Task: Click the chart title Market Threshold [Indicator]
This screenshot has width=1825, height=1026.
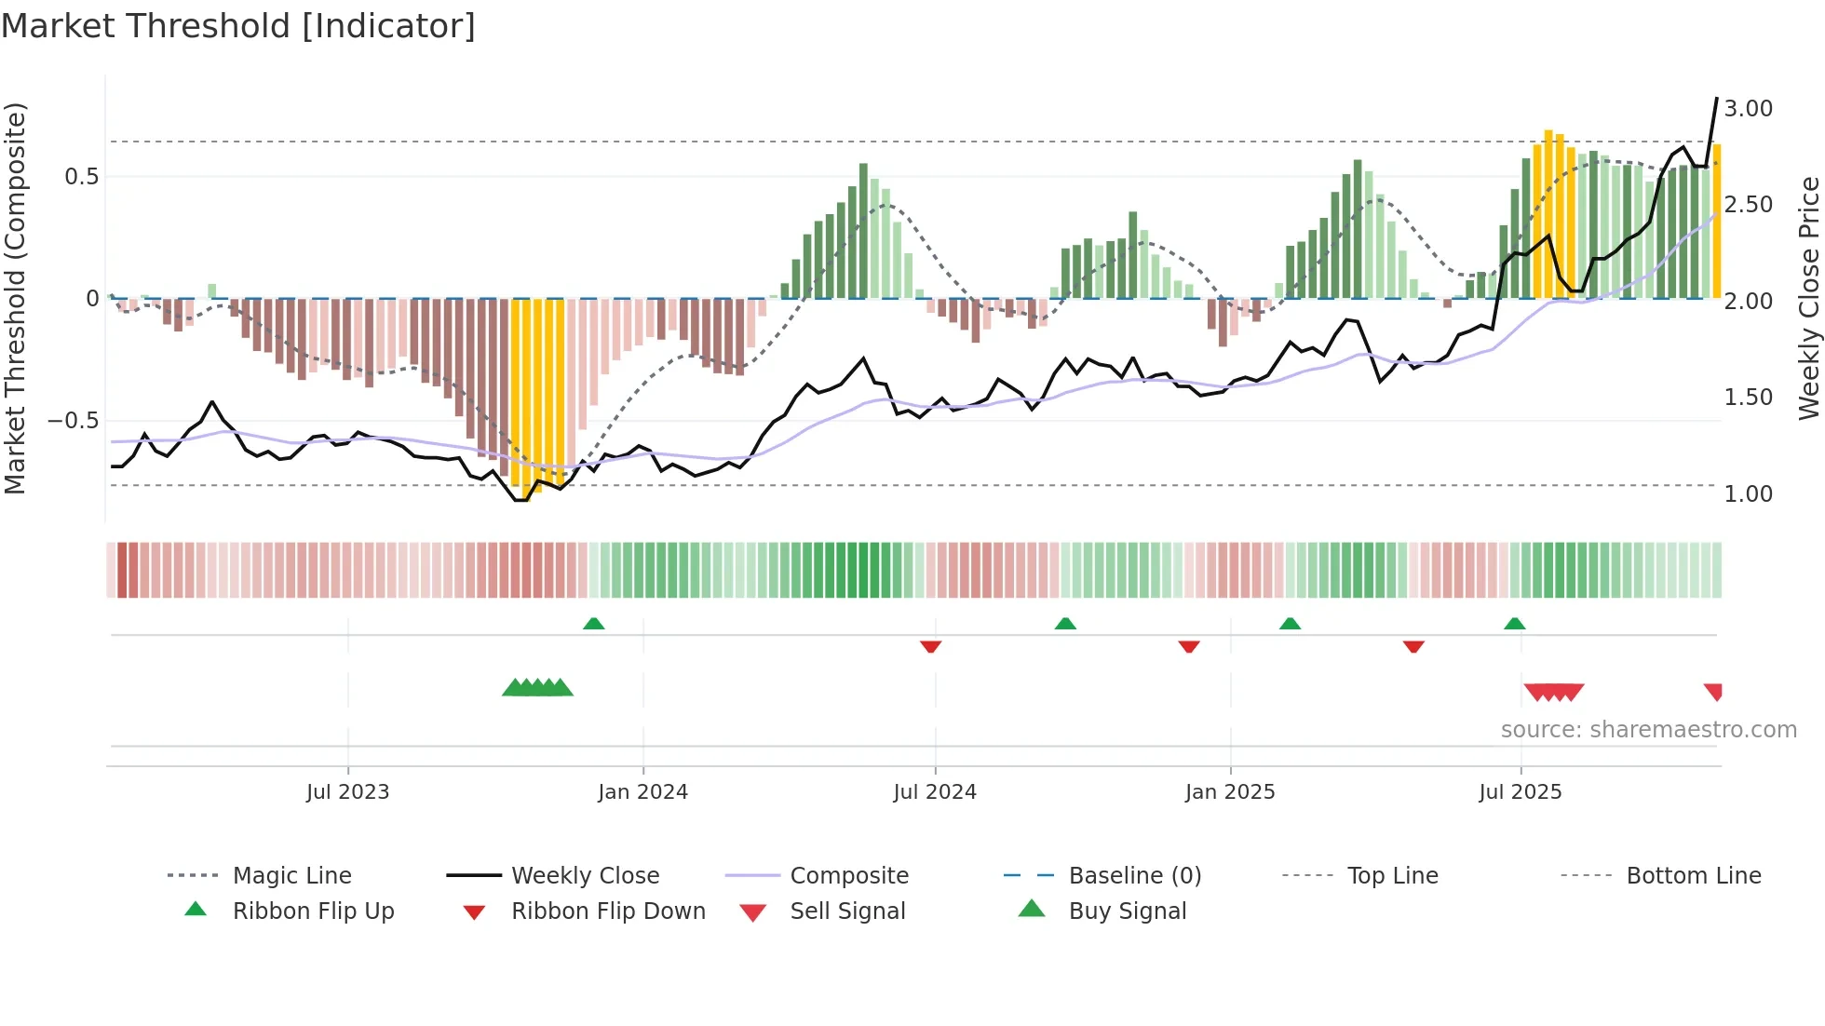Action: pos(238,26)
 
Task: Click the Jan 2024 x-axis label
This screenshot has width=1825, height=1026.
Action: pos(642,792)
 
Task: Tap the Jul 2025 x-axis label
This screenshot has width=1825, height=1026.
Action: pos(1520,792)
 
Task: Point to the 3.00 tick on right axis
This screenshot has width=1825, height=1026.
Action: pos(1748,109)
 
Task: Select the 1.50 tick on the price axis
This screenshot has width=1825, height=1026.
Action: pos(1748,398)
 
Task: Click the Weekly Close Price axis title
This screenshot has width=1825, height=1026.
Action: pos(1808,298)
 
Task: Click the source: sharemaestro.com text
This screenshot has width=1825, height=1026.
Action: pos(1648,730)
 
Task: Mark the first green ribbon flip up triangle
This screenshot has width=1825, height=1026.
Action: pos(594,624)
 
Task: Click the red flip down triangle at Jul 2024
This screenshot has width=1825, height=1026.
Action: pos(930,646)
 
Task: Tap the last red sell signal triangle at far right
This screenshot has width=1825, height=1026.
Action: pos(1714,692)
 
